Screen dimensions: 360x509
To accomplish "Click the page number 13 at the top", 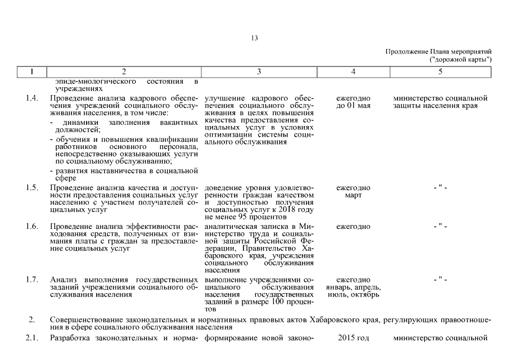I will click(255, 38).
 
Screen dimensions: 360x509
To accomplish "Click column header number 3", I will click(259, 71).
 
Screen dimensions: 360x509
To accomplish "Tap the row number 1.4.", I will click(32, 99).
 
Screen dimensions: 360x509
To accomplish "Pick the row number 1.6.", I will click(32, 227).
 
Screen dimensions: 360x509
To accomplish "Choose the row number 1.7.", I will click(32, 280).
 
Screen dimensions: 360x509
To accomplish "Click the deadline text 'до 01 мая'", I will click(353, 106).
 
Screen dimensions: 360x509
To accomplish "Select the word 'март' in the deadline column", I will click(353, 195).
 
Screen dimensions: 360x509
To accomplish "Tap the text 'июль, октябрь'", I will click(353, 294).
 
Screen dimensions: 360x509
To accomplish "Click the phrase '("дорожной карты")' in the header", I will click(461, 58).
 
